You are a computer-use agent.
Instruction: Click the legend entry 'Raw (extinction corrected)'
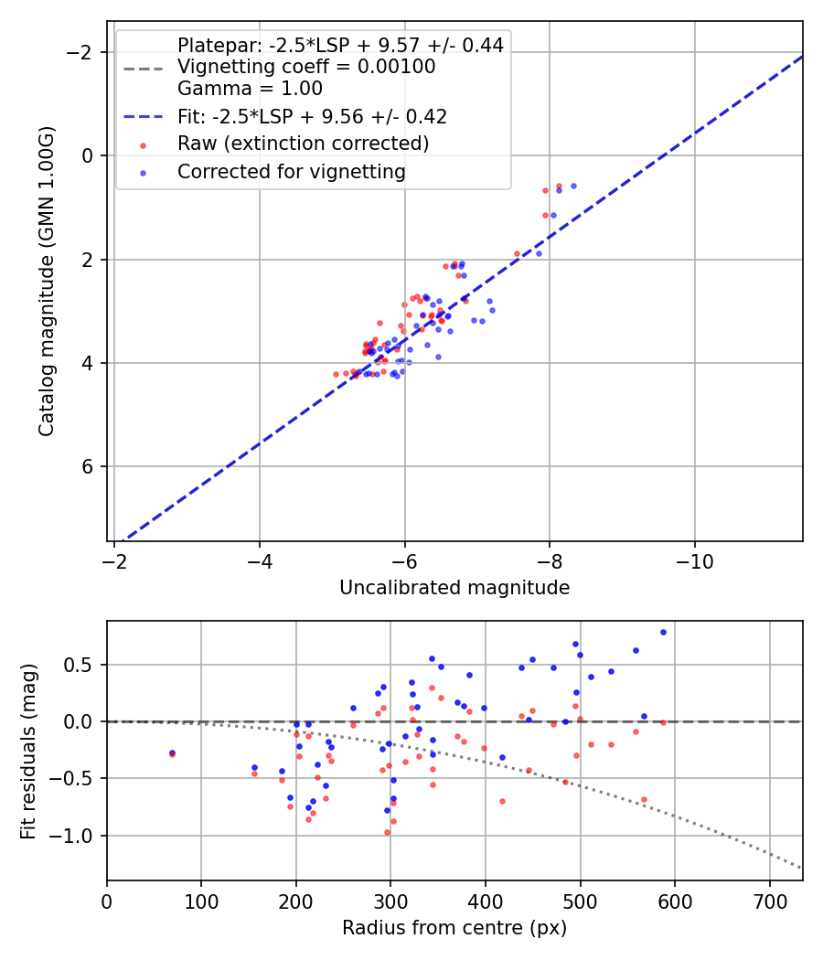(303, 144)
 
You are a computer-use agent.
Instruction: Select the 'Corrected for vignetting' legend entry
(291, 172)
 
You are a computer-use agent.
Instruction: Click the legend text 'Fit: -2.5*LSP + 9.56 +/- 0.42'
(312, 117)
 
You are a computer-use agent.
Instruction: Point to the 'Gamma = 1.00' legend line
(250, 90)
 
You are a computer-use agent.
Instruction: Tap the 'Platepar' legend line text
(340, 46)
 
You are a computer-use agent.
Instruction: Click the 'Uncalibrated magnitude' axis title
(454, 588)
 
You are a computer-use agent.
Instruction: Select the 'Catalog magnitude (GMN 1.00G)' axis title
(47, 281)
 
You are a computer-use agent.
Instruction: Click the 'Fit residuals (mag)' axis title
(28, 751)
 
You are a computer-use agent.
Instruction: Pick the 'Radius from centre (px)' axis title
(454, 928)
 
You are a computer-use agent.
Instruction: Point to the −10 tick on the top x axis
(694, 559)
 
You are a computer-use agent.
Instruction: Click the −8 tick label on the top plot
(550, 559)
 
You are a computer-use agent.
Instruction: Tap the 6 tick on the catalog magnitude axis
(88, 467)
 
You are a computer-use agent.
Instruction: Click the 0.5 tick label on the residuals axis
(84, 665)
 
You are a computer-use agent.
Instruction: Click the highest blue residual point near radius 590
(663, 632)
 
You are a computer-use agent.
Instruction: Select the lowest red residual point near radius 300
(387, 832)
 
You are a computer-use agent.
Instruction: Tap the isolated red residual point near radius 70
(172, 754)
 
